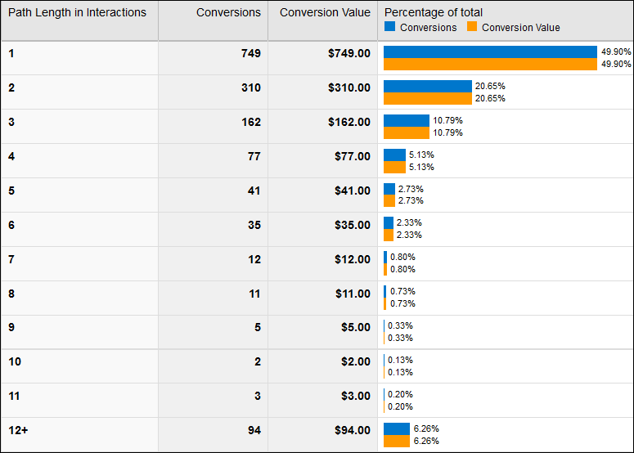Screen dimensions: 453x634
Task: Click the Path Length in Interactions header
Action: click(77, 12)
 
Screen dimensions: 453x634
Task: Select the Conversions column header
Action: click(228, 12)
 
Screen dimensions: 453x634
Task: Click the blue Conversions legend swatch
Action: click(390, 27)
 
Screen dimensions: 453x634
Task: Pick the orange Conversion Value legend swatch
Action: click(472, 27)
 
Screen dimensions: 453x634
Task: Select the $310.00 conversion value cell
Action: click(349, 87)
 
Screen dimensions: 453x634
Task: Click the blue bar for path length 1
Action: click(490, 52)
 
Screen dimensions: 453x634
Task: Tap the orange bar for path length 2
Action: click(428, 98)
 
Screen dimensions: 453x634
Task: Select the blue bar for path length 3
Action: click(407, 120)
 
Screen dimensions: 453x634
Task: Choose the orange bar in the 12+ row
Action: click(397, 441)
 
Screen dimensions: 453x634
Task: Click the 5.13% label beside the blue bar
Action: click(421, 155)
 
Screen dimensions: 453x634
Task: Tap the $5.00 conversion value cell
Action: click(356, 328)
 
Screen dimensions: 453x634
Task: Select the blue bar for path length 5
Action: click(389, 189)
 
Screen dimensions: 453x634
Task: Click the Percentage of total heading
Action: click(434, 12)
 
